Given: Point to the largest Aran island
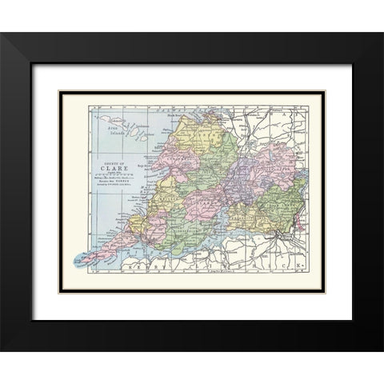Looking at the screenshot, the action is [x=110, y=118].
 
